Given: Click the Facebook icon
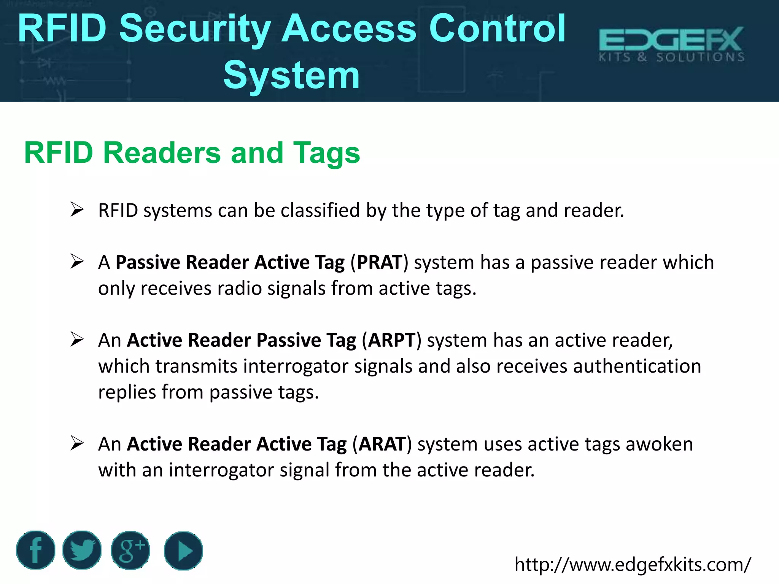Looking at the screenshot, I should click(x=35, y=550).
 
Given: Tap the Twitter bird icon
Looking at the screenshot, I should click(x=82, y=550).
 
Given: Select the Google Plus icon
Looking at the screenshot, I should click(x=130, y=550).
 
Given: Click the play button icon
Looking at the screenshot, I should click(x=183, y=551).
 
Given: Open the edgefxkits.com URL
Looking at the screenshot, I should click(x=633, y=564).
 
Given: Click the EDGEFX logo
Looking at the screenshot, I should click(x=671, y=44).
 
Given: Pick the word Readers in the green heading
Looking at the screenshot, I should click(x=162, y=153).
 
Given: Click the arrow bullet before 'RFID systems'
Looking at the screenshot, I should click(x=77, y=210).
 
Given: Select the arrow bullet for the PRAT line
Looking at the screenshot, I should click(x=77, y=262).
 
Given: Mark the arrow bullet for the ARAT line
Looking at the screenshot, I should click(x=77, y=443).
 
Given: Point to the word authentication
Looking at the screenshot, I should click(x=637, y=366).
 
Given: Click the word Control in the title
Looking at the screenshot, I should click(x=497, y=29).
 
